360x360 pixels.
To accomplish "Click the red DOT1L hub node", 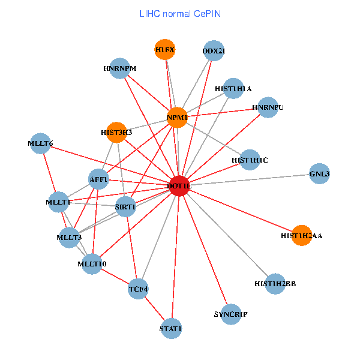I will pyautogui.click(x=180, y=186).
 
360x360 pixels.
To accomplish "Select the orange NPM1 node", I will pyautogui.click(x=178, y=117).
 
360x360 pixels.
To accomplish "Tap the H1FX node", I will pyautogui.click(x=164, y=50).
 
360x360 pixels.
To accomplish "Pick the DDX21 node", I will pyautogui.click(x=214, y=50).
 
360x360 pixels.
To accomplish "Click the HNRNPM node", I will pyautogui.click(x=120, y=68).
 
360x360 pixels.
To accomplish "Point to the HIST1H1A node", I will pyautogui.click(x=233, y=88).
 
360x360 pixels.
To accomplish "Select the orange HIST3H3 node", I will pyautogui.click(x=116, y=131).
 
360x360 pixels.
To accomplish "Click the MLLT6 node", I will pyautogui.click(x=40, y=143).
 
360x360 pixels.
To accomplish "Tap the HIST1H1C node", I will pyautogui.click(x=250, y=160).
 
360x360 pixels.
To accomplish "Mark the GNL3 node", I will pyautogui.click(x=320, y=173).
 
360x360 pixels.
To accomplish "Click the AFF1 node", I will pyautogui.click(x=98, y=179).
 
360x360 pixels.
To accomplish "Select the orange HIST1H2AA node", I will pyautogui.click(x=301, y=235).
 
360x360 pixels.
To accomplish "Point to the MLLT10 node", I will pyautogui.click(x=92, y=263).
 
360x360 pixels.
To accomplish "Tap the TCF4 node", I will pyautogui.click(x=139, y=289).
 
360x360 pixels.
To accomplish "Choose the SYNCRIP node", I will pyautogui.click(x=231, y=314).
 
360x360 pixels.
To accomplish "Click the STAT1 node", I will pyautogui.click(x=171, y=328).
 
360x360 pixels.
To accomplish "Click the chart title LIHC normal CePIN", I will pyautogui.click(x=179, y=13).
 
